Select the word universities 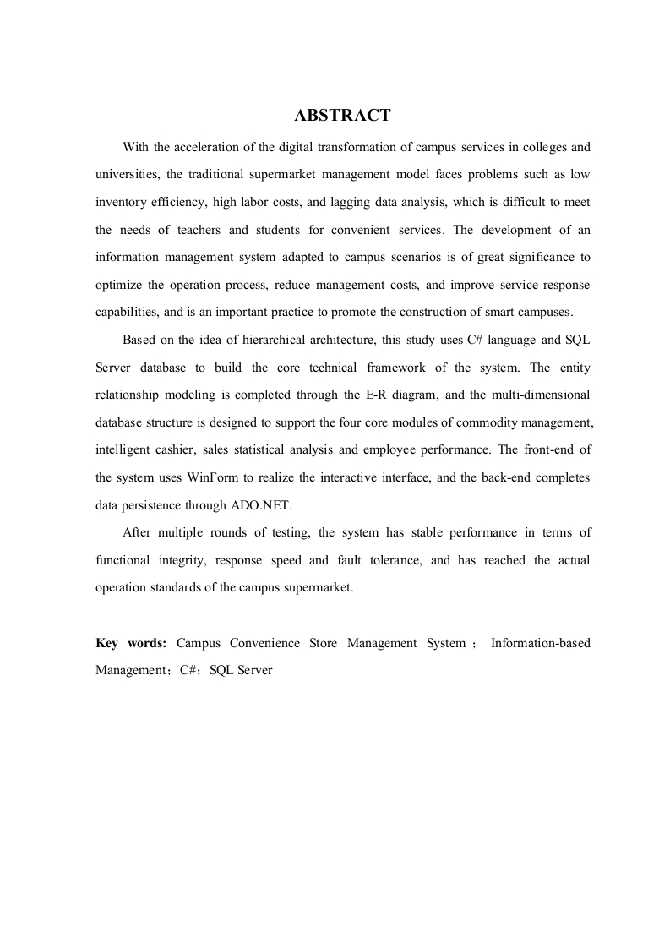[127, 175]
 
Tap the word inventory [121, 203]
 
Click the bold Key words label [131, 643]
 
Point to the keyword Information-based [541, 643]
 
